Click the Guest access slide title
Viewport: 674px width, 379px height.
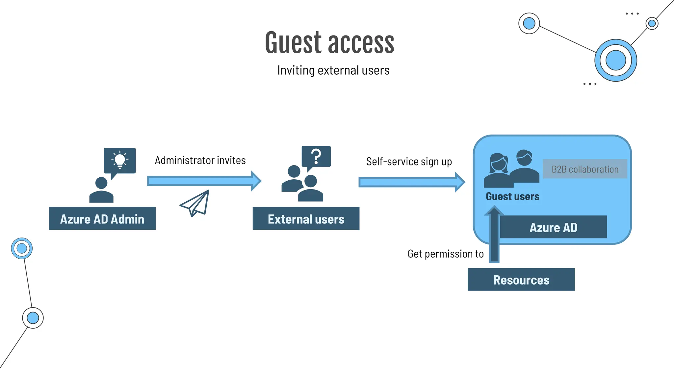(x=329, y=43)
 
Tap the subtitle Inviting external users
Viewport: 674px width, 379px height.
(x=333, y=70)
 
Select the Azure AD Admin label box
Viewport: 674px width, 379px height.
(x=102, y=218)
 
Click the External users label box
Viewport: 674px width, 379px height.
(x=306, y=218)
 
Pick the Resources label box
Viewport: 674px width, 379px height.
(x=521, y=279)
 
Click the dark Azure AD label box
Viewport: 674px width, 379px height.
(x=553, y=227)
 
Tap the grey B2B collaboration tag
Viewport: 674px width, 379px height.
(x=585, y=169)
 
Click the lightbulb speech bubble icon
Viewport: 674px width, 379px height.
(x=120, y=161)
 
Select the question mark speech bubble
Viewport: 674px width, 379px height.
(x=316, y=157)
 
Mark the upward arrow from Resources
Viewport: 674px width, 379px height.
(x=494, y=235)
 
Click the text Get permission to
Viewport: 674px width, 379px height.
(x=445, y=254)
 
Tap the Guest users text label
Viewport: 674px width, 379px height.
(x=512, y=196)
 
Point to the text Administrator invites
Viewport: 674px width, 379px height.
(x=200, y=160)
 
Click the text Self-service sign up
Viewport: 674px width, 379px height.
(x=409, y=162)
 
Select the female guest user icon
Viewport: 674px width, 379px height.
(x=498, y=171)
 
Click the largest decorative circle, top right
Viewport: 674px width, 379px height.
(x=615, y=61)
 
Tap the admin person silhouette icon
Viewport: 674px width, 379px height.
(x=101, y=190)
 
